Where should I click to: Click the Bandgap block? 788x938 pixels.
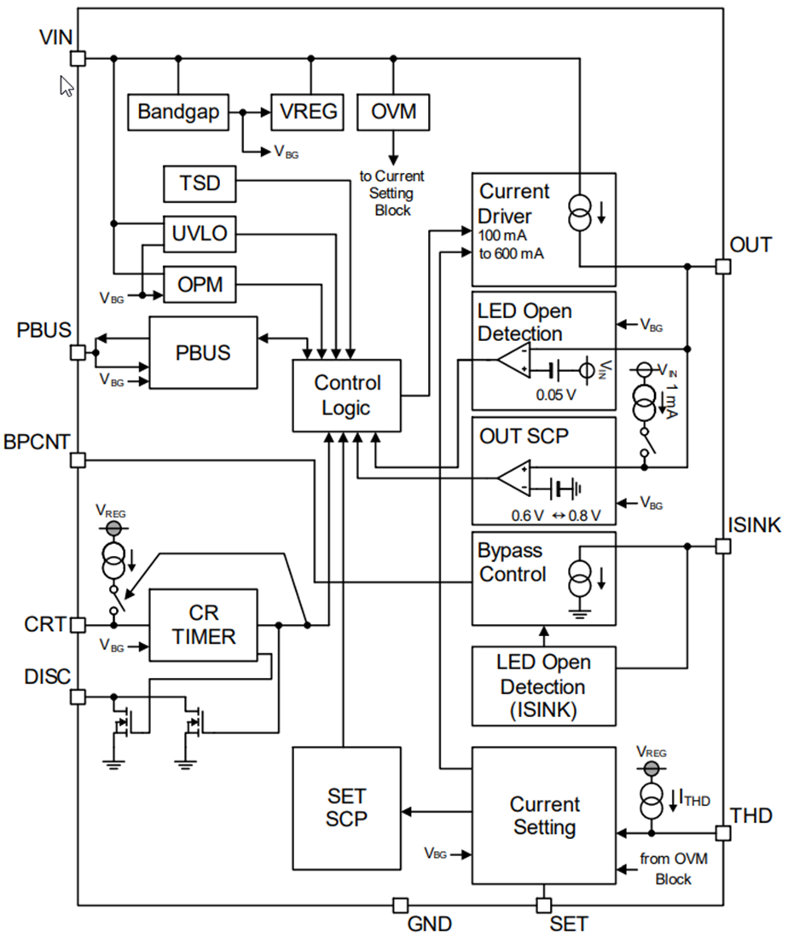[178, 112]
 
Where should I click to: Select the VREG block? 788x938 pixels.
[308, 112]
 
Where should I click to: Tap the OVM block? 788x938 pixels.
[393, 112]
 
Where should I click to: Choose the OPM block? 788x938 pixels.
[199, 284]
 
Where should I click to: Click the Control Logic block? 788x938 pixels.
[346, 395]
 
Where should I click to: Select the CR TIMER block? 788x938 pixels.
[203, 625]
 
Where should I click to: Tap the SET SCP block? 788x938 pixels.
[346, 808]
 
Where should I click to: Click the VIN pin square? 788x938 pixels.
[78, 58]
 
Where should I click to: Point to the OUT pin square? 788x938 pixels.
[722, 266]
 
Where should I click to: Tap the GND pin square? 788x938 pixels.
[400, 904]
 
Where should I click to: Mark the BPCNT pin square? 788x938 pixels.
[78, 460]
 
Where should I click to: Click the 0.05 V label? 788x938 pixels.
[555, 396]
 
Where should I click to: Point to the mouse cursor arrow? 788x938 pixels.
[66, 85]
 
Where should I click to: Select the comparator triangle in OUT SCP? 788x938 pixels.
[514, 479]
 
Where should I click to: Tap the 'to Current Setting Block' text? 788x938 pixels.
[392, 193]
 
